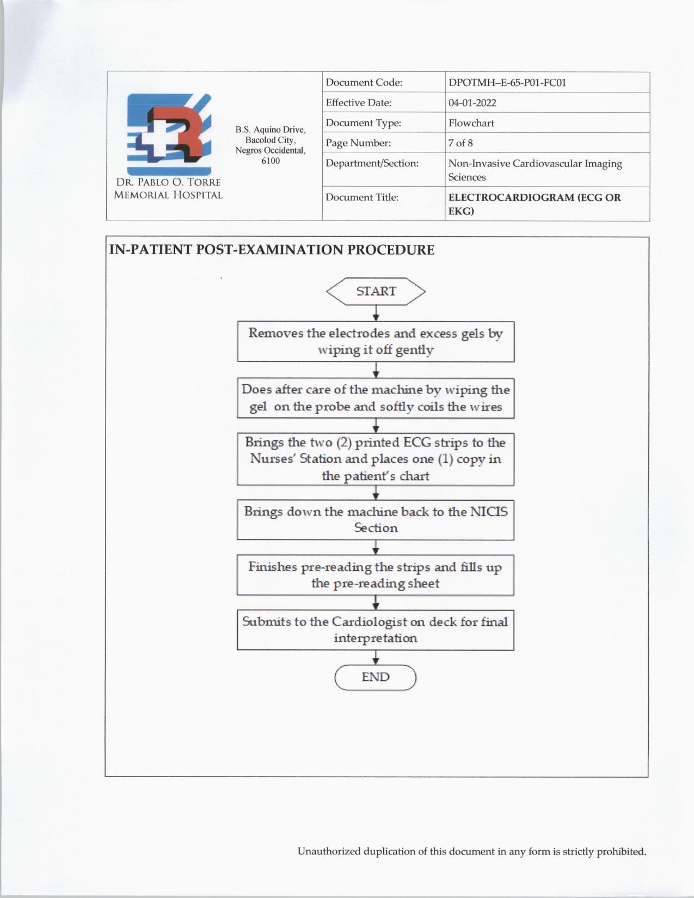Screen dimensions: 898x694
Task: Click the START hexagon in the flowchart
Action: coord(376,291)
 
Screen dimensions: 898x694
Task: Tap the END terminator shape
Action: coord(376,678)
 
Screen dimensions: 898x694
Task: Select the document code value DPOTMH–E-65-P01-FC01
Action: coord(507,83)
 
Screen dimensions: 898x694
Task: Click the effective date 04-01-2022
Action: coord(472,103)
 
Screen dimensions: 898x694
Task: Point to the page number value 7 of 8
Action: coord(460,143)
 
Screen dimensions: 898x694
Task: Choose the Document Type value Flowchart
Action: coord(471,123)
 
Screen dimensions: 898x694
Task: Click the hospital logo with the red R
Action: coord(169,134)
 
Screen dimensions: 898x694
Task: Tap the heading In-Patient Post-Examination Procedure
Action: coord(272,250)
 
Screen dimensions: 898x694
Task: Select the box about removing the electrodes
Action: coord(376,342)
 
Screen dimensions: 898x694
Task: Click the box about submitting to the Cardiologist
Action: coord(376,630)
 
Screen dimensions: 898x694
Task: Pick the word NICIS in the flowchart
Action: coord(489,512)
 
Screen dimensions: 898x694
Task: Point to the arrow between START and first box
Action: coord(376,313)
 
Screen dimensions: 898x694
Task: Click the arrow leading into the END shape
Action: coord(376,658)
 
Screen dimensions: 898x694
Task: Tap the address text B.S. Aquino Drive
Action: coord(271,130)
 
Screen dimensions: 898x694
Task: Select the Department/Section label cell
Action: coord(372,163)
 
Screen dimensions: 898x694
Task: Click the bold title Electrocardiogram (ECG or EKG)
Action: coord(534,204)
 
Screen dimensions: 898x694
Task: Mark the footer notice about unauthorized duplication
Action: coord(472,852)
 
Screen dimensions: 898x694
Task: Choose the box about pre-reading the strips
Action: coord(376,575)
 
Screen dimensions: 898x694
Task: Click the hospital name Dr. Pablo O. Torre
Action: coord(168,182)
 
